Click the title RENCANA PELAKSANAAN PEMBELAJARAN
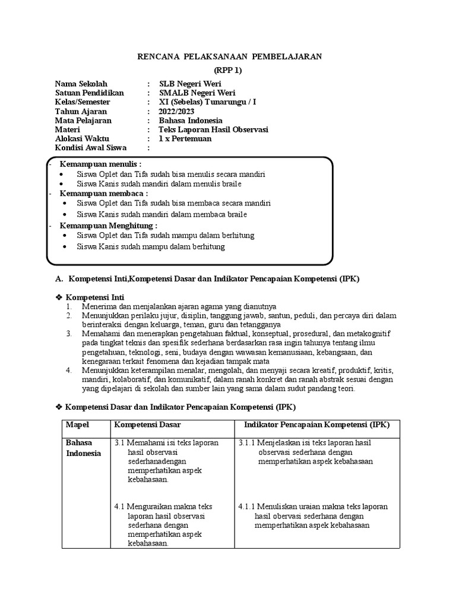click(x=229, y=56)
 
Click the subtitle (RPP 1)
click(x=229, y=70)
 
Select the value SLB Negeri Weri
click(x=190, y=84)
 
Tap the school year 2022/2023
click(x=176, y=112)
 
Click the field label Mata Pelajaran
click(x=83, y=121)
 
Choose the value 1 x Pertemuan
click(x=185, y=139)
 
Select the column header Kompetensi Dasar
click(x=147, y=425)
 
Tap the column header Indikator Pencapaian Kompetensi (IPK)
click(x=317, y=425)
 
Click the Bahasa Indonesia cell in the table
click(x=83, y=448)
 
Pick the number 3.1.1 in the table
click(x=247, y=443)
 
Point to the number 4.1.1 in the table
click(x=247, y=506)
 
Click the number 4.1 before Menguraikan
click(x=119, y=506)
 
